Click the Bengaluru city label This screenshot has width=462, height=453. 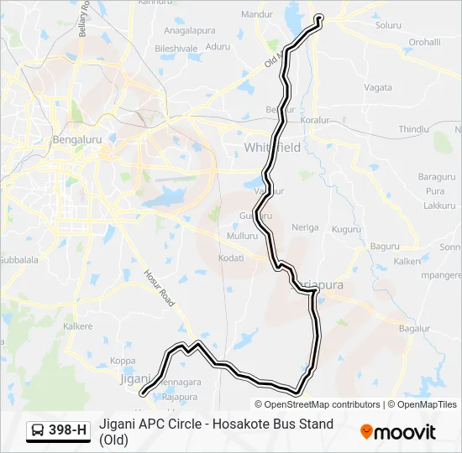point(76,139)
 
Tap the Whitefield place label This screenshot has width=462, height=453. point(272,148)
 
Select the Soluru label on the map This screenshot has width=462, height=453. point(388,26)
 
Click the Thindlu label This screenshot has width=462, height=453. point(413,129)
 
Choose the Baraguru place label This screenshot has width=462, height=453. point(436,177)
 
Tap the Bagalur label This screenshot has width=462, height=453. point(414,328)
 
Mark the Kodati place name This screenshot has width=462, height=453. point(231,258)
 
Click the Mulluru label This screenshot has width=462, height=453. point(242,237)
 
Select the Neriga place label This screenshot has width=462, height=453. point(305,227)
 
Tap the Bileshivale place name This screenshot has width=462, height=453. point(176,49)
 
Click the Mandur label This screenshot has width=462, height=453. point(257,14)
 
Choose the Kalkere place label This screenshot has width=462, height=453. point(77,325)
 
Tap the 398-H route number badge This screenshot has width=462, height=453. point(59,430)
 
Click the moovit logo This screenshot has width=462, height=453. point(398,432)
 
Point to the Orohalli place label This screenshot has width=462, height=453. point(424,42)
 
